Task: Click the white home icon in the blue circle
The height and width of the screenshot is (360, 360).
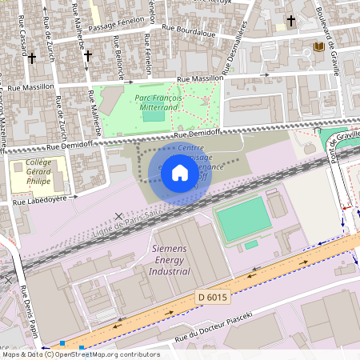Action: pyautogui.click(x=180, y=173)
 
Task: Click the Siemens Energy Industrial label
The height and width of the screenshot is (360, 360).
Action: pyautogui.click(x=170, y=260)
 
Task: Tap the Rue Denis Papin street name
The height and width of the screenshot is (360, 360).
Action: pyautogui.click(x=27, y=309)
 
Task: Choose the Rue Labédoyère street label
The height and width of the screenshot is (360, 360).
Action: pyautogui.click(x=39, y=203)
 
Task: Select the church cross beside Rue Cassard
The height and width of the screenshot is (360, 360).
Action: pyautogui.click(x=32, y=58)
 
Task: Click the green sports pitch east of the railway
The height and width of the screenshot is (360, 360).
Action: pyautogui.click(x=243, y=219)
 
